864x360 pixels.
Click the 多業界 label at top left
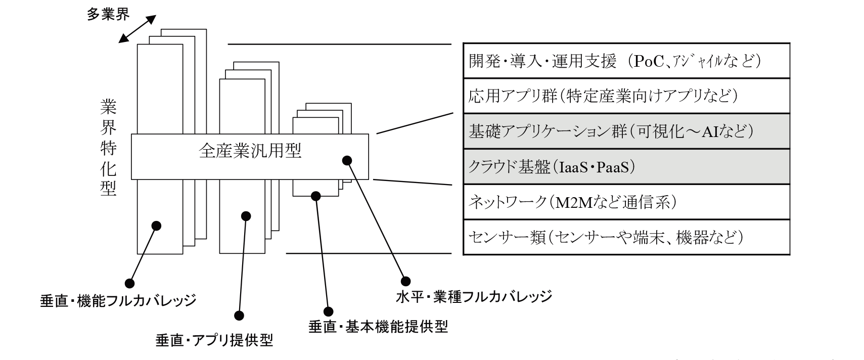pyautogui.click(x=108, y=14)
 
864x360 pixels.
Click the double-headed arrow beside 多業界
pyautogui.click(x=137, y=28)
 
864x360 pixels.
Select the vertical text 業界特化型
pyautogui.click(x=108, y=147)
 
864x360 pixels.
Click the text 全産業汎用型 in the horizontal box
pyautogui.click(x=250, y=151)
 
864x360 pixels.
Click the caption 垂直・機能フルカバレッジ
pyautogui.click(x=118, y=301)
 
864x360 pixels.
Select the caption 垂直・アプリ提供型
pyautogui.click(x=214, y=340)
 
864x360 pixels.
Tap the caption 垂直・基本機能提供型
pyautogui.click(x=378, y=327)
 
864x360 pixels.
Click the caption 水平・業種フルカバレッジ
pyautogui.click(x=474, y=296)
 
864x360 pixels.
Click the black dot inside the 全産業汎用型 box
pyautogui.click(x=347, y=160)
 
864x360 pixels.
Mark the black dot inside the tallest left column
pyautogui.click(x=156, y=226)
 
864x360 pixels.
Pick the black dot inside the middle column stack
pyautogui.click(x=246, y=216)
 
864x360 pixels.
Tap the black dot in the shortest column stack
pyautogui.click(x=316, y=195)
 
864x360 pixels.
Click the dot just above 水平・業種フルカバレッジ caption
pyautogui.click(x=405, y=281)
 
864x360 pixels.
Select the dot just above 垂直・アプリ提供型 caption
pyautogui.click(x=240, y=316)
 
